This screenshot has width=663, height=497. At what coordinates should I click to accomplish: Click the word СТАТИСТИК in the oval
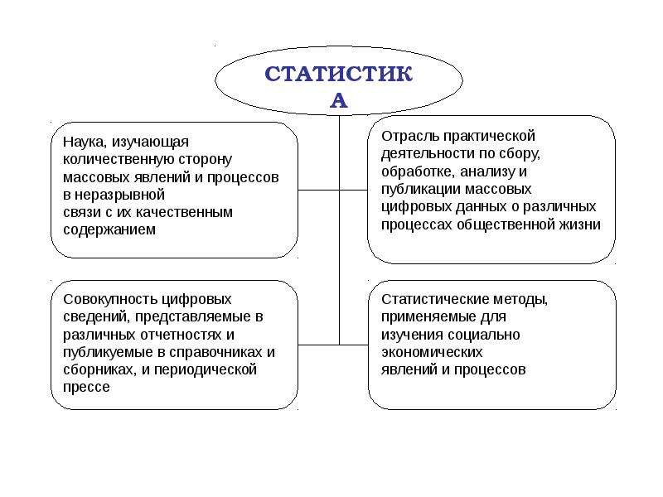click(x=338, y=74)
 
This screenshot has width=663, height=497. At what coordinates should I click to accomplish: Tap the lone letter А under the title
click(x=339, y=100)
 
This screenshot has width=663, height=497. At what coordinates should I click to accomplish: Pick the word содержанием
click(x=109, y=230)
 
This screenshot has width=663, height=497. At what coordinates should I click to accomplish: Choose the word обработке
click(x=419, y=171)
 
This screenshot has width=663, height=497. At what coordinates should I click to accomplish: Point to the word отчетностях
click(x=181, y=335)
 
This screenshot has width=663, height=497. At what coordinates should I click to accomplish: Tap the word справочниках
click(x=219, y=352)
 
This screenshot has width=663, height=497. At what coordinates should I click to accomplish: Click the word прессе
click(x=87, y=387)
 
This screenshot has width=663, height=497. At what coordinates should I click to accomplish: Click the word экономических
click(x=432, y=352)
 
